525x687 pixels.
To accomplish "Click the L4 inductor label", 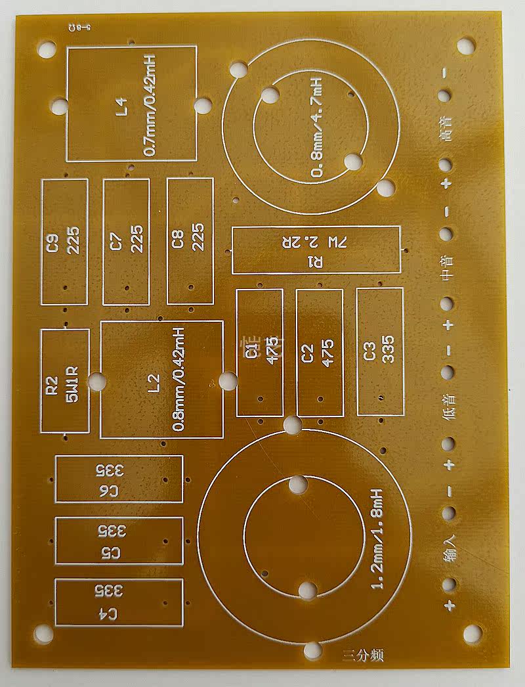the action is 121,106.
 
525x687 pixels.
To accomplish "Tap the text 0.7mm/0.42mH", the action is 150,106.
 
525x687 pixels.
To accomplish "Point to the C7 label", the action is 116,242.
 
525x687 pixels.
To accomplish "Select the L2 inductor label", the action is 155,382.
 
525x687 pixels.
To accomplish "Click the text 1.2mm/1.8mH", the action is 377,539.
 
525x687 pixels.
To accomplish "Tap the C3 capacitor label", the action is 368,353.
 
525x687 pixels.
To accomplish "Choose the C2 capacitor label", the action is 308,353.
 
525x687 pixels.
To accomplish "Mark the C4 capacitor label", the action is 109,614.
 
